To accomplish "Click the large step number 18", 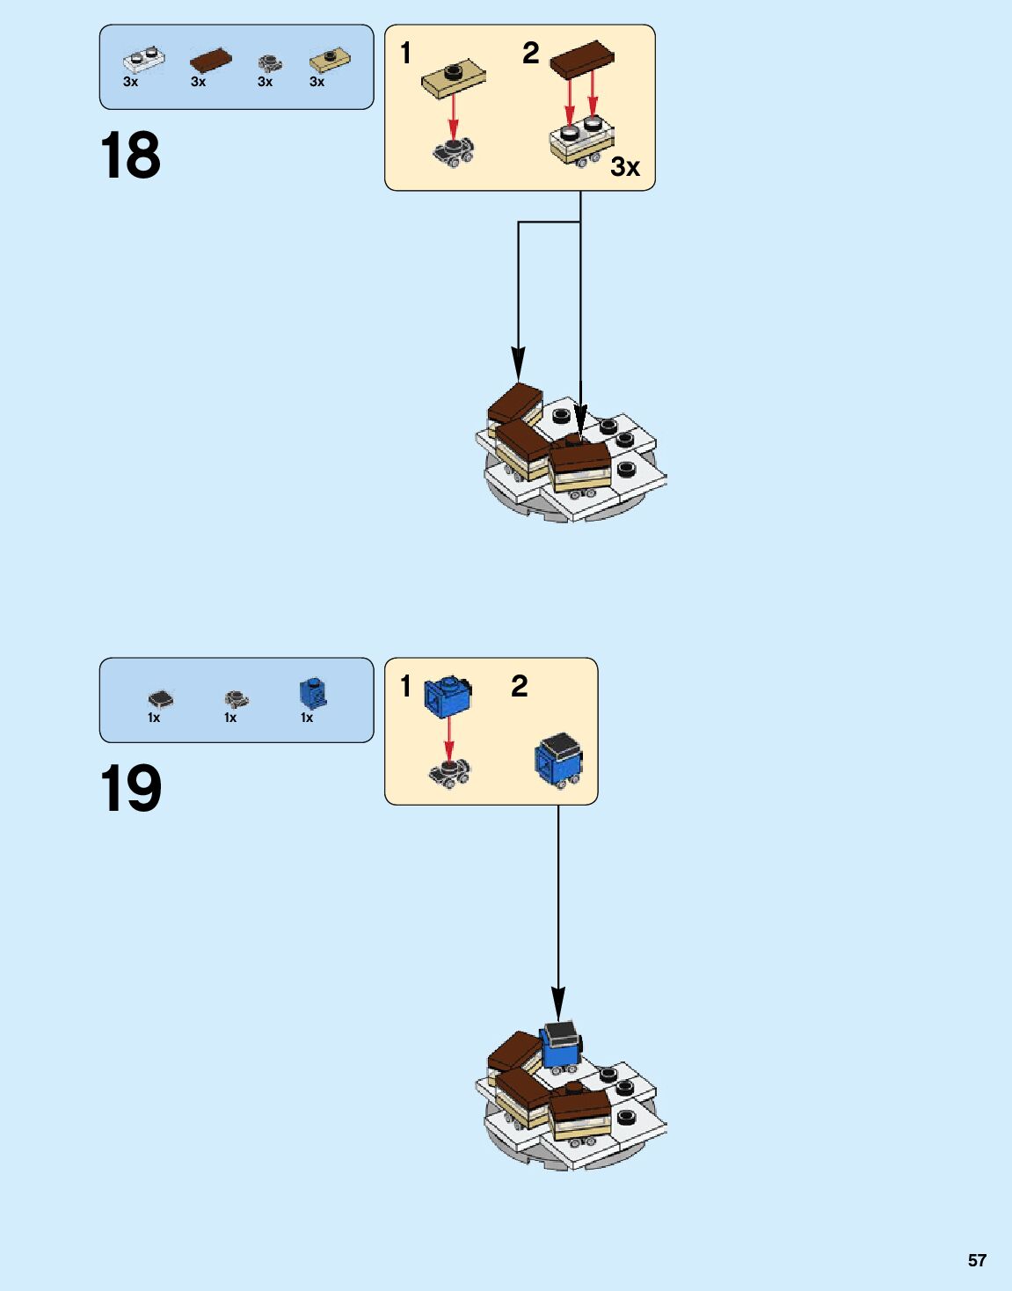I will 130,156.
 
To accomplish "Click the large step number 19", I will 130,788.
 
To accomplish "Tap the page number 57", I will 977,1260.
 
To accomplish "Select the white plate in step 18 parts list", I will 143,60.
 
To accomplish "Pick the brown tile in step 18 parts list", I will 211,60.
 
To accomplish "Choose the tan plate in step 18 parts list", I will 330,60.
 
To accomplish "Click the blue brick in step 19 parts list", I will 312,694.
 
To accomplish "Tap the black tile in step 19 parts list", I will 160,699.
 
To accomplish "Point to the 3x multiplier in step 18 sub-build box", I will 625,166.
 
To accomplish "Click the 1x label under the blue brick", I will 307,718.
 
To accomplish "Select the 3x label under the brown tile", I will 198,82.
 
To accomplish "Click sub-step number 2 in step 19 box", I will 520,686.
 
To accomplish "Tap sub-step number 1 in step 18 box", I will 405,53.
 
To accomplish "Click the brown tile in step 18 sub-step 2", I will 581,56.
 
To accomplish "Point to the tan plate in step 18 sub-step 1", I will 454,78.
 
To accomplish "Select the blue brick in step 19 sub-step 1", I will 448,696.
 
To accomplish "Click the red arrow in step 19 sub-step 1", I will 449,739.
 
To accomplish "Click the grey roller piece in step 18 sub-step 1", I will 453,151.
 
